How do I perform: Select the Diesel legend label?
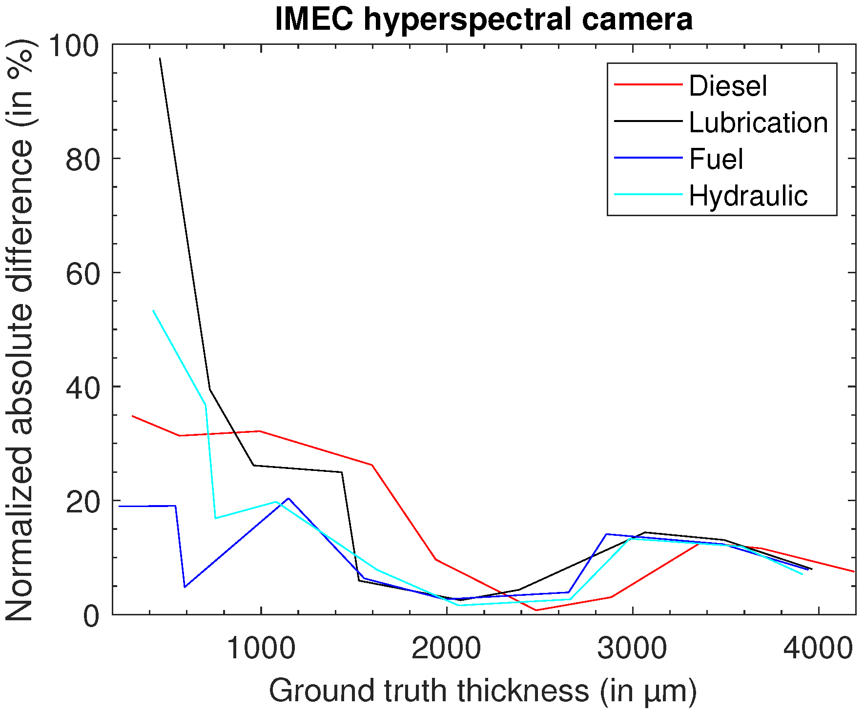728,86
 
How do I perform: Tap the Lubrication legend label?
758,122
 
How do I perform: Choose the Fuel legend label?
716,159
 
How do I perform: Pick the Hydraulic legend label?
748,196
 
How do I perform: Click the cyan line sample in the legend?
648,195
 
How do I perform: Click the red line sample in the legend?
648,84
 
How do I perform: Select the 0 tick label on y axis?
91,616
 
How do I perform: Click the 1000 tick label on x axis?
261,649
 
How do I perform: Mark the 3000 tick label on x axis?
633,649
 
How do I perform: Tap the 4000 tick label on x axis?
818,649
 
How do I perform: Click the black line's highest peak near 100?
160,58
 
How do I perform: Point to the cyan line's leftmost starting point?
153,310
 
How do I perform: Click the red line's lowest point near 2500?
536,610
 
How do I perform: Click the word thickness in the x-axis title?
523,691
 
